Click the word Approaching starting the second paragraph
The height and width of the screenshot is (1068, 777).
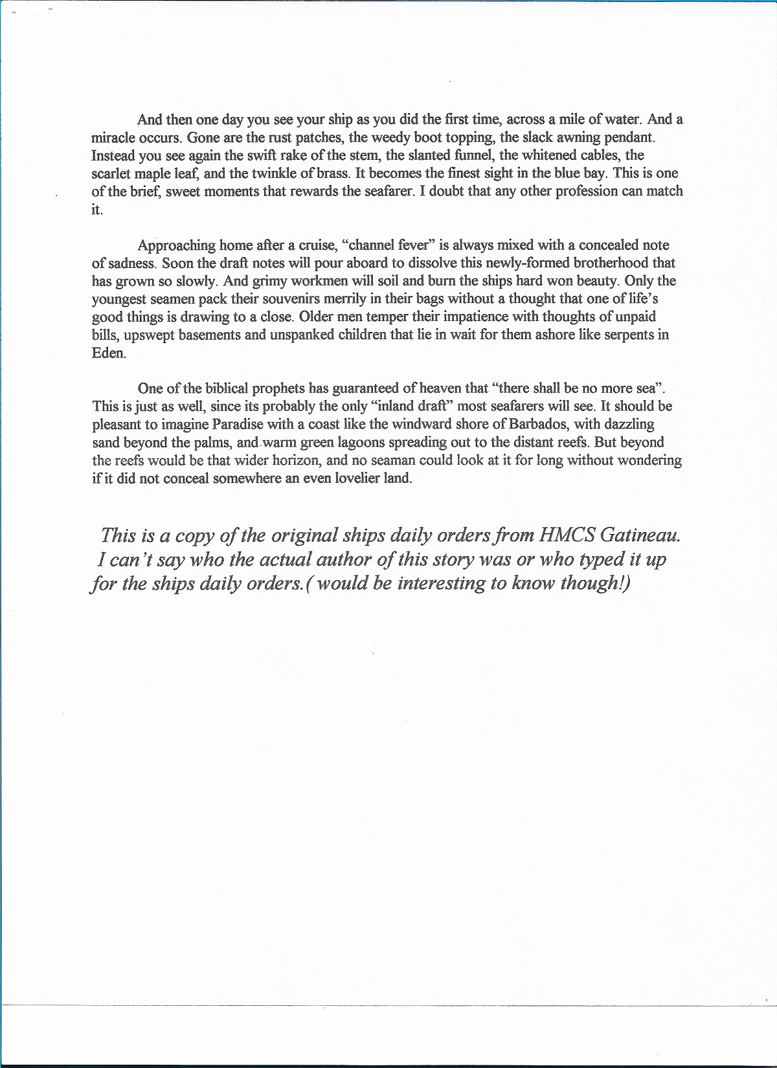tap(176, 245)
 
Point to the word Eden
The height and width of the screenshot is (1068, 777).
tap(107, 353)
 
